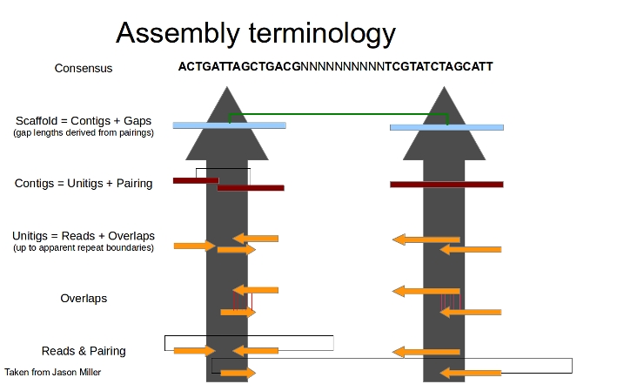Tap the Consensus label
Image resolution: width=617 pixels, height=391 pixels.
pyautogui.click(x=84, y=68)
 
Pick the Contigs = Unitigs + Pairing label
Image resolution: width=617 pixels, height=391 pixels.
pyautogui.click(x=84, y=184)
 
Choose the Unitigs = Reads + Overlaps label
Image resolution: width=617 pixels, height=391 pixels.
pyautogui.click(x=84, y=236)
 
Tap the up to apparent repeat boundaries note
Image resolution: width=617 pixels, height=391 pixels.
pyautogui.click(x=84, y=248)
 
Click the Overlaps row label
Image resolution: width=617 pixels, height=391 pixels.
pyautogui.click(x=84, y=298)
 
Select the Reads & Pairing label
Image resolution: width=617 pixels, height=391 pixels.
pyautogui.click(x=84, y=351)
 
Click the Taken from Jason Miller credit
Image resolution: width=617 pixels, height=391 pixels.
pyautogui.click(x=53, y=372)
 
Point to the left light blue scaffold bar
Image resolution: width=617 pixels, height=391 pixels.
pyautogui.click(x=229, y=125)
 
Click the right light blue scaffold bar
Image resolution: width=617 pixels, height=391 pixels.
pyautogui.click(x=446, y=127)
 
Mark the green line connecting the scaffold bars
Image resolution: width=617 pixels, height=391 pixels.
pyautogui.click(x=338, y=114)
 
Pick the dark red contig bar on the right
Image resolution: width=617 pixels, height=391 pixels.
pyautogui.click(x=446, y=184)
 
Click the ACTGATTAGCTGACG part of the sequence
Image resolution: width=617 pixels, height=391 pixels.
pyautogui.click(x=238, y=66)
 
